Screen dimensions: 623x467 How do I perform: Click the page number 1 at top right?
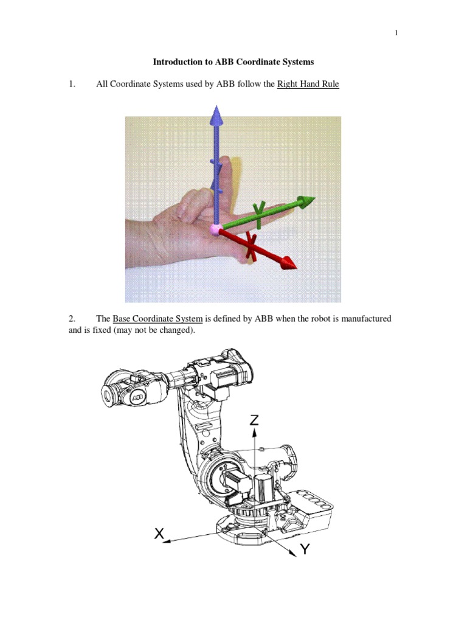pyautogui.click(x=396, y=33)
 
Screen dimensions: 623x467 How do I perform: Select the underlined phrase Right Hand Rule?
pyautogui.click(x=308, y=84)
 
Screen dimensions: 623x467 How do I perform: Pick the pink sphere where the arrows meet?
pyautogui.click(x=215, y=229)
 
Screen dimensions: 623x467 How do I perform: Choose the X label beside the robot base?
pyautogui.click(x=159, y=534)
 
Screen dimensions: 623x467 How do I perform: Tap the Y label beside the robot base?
pyautogui.click(x=305, y=549)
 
